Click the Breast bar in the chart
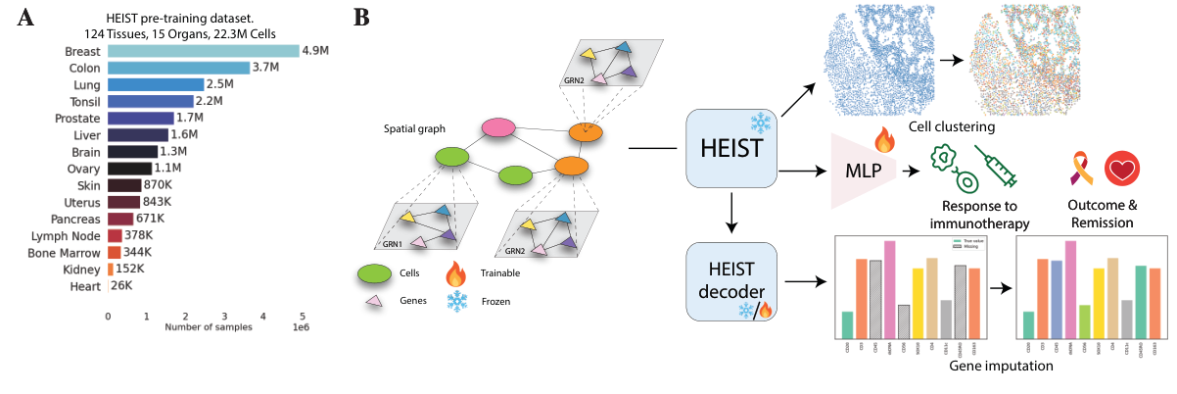(x=203, y=51)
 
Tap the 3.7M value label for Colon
(x=265, y=68)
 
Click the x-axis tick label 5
(x=301, y=316)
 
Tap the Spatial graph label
(x=414, y=129)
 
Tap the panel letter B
(x=361, y=17)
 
